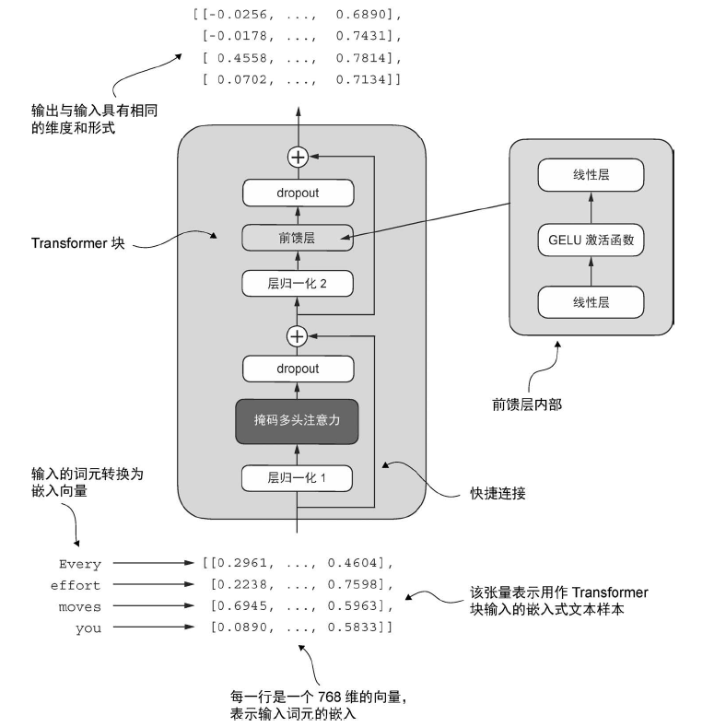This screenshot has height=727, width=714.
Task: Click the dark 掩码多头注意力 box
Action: [x=297, y=422]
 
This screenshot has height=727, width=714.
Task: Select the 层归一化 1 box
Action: [x=297, y=478]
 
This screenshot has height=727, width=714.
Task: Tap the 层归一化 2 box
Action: [x=297, y=283]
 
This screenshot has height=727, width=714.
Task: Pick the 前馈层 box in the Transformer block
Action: [x=297, y=237]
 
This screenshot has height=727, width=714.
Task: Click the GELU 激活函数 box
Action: [x=591, y=242]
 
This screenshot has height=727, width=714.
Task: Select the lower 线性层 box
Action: [x=591, y=301]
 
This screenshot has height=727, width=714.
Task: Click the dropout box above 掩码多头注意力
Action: [x=297, y=369]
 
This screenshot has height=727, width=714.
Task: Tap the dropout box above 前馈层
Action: [x=297, y=193]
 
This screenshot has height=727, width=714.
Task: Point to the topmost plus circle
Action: [x=298, y=158]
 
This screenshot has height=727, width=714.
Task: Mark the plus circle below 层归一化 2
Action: [x=297, y=335]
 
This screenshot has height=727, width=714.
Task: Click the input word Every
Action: [x=80, y=564]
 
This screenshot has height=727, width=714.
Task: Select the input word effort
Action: [x=76, y=585]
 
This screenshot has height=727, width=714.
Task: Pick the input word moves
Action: [x=80, y=606]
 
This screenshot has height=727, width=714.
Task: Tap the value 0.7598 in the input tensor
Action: [x=354, y=584]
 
